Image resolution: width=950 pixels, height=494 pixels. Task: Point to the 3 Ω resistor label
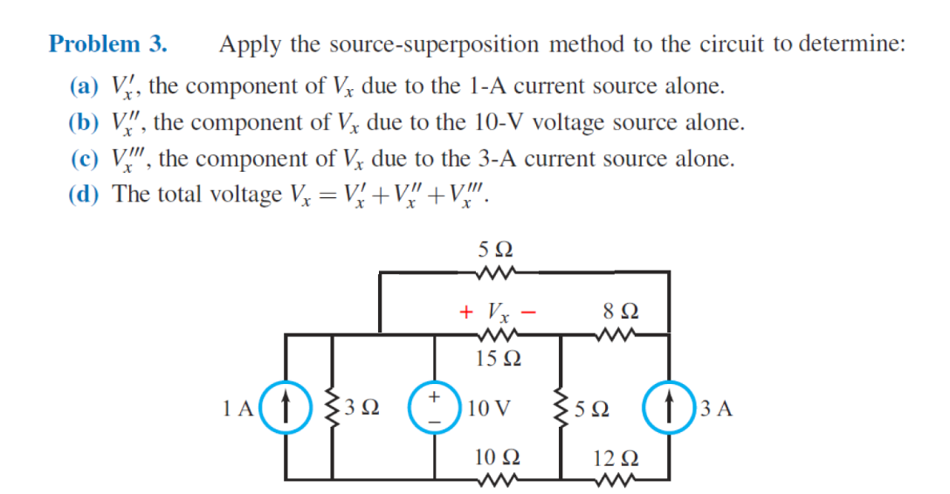(x=361, y=408)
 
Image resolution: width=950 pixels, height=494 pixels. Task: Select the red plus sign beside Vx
(x=467, y=311)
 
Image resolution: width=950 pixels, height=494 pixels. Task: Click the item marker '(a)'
(x=84, y=86)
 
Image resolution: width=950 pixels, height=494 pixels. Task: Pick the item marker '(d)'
(x=84, y=194)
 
